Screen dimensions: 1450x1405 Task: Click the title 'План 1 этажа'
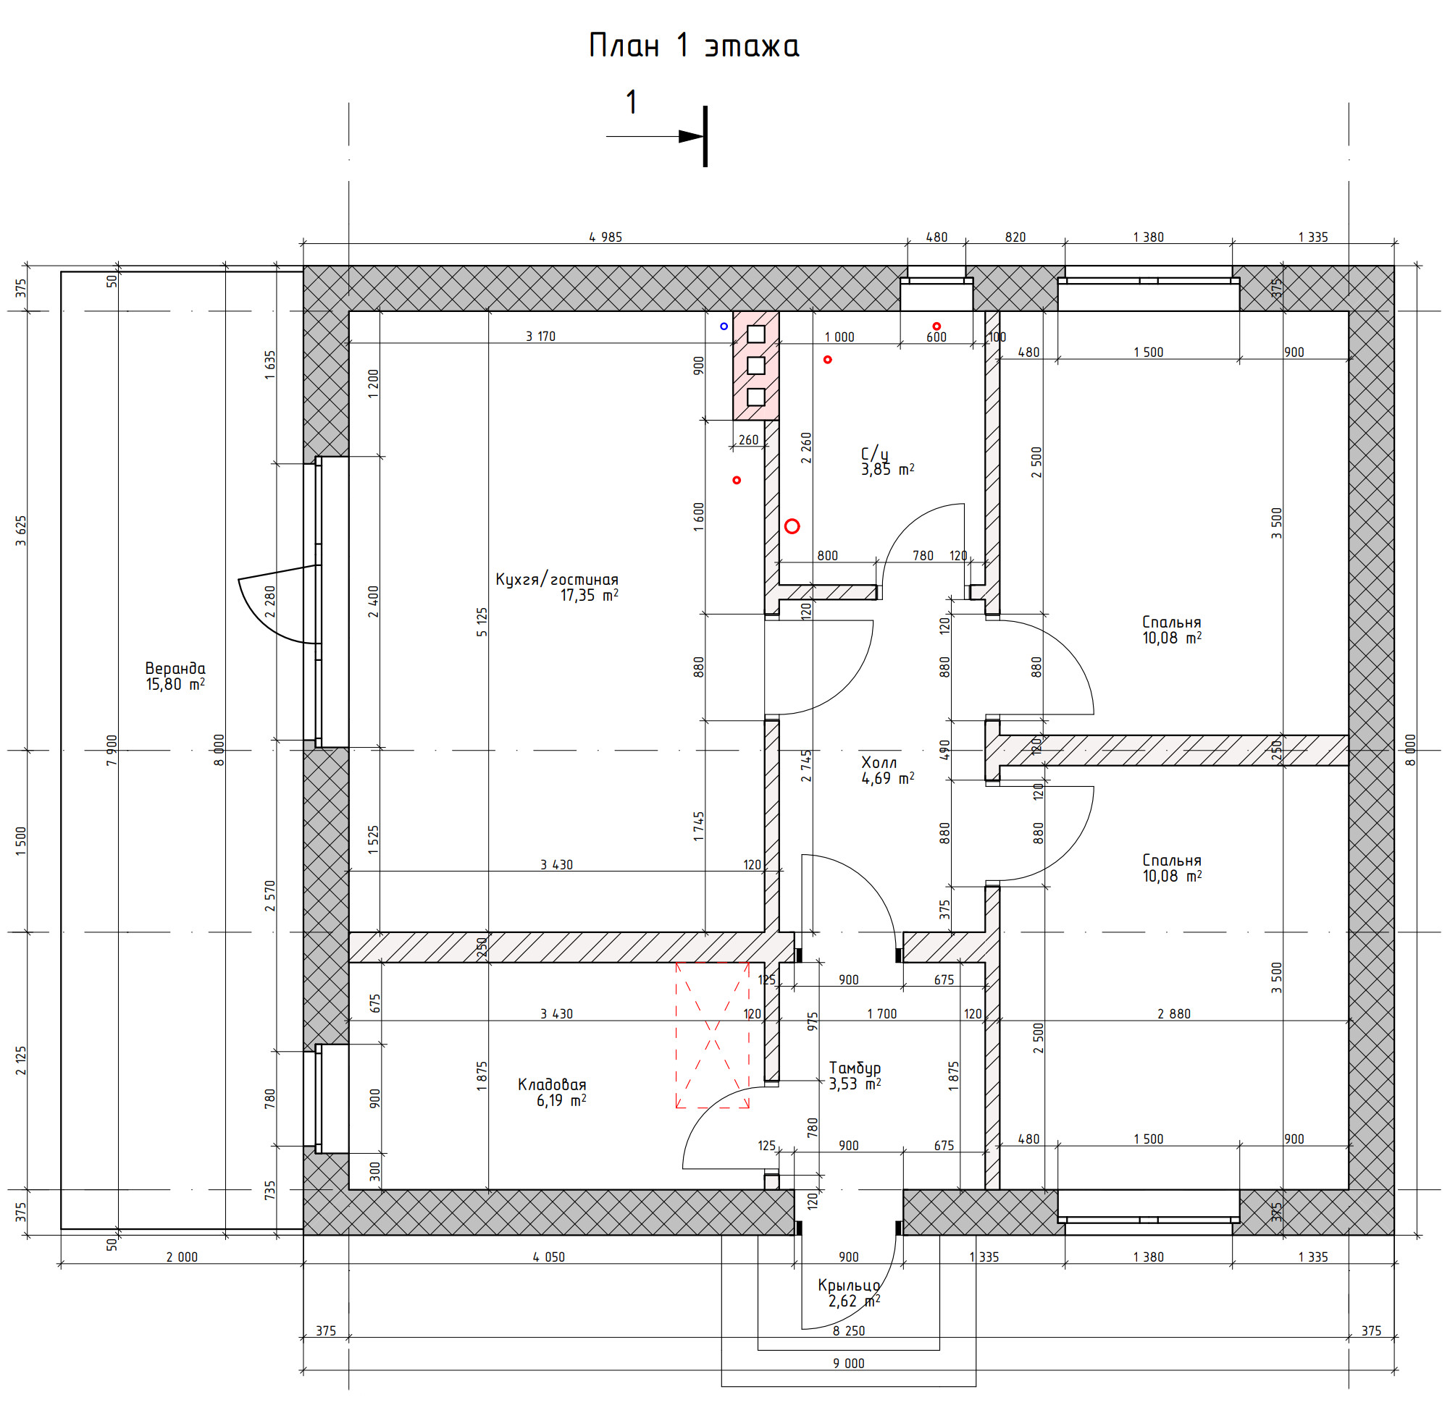tap(693, 46)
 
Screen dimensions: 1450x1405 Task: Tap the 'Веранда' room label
tap(175, 669)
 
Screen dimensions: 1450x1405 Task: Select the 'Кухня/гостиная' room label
tap(556, 580)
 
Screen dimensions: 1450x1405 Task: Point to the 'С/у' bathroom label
tap(874, 453)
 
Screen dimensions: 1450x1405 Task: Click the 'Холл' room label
tap(879, 762)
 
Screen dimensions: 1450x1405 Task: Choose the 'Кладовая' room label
tap(552, 1085)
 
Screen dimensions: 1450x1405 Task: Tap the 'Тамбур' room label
tap(855, 1068)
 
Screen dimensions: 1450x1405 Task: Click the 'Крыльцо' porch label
tap(849, 1286)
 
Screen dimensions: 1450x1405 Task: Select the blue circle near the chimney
tap(724, 326)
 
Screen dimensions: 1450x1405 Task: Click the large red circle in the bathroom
tap(792, 526)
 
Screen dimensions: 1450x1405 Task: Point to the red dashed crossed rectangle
tap(712, 1035)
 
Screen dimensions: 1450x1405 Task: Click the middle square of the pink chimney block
tap(755, 366)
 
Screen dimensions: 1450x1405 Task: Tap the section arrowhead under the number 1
tap(691, 136)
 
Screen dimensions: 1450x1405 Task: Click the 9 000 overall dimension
tap(849, 1363)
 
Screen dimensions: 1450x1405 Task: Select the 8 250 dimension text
tap(849, 1330)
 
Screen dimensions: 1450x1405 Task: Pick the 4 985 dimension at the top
tap(605, 237)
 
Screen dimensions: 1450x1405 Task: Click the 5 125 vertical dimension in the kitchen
tap(482, 622)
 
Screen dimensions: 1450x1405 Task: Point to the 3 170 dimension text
tap(540, 337)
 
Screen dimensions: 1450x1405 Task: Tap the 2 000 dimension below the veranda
tap(182, 1257)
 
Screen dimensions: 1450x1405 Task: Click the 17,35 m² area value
tap(589, 595)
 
